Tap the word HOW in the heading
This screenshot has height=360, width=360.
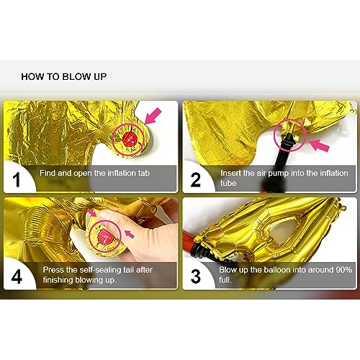point(33,75)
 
